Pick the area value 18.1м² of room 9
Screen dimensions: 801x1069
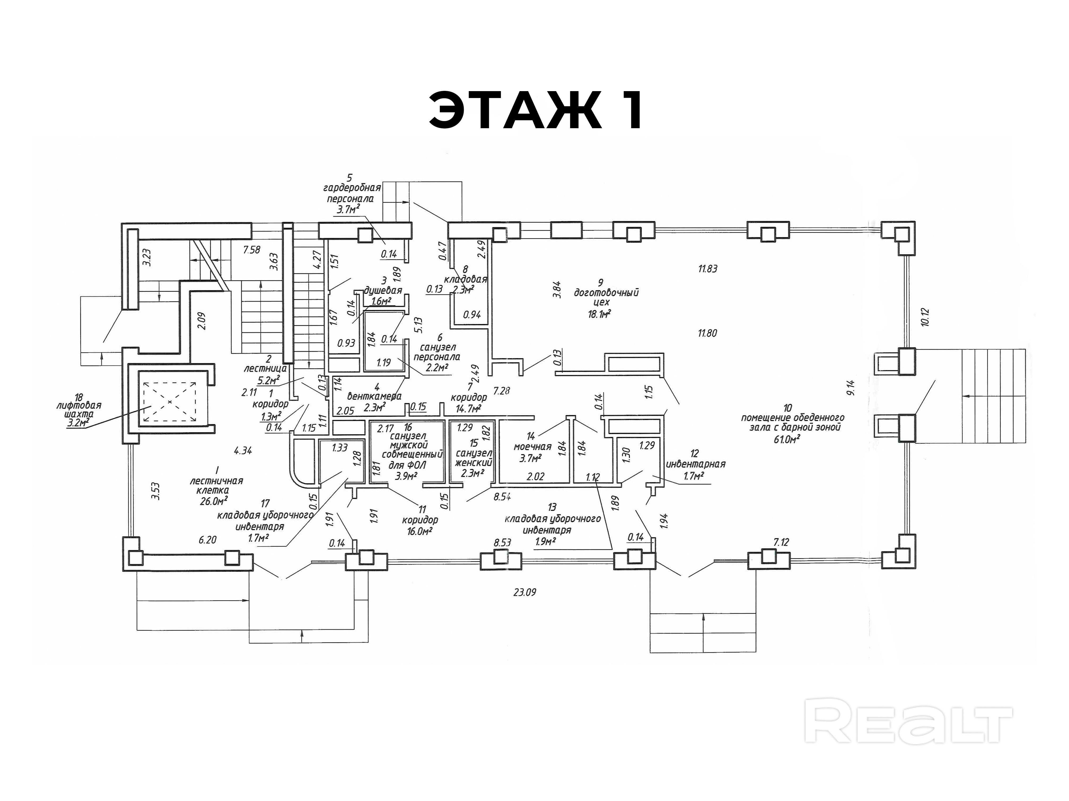tap(599, 314)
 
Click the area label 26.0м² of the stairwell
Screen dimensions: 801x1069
tap(214, 501)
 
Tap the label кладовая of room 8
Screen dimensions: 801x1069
tap(465, 279)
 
